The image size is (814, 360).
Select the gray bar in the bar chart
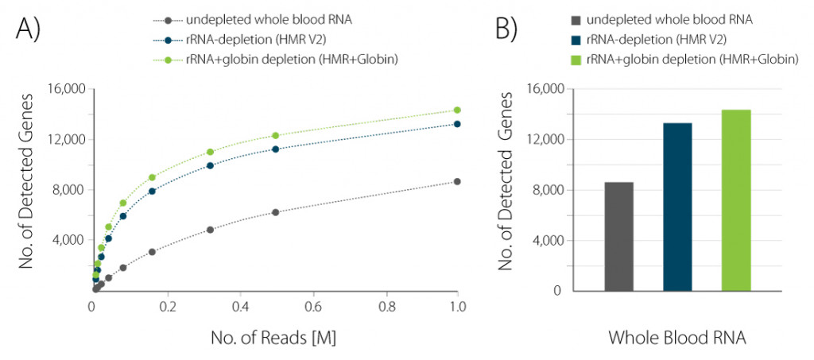click(618, 236)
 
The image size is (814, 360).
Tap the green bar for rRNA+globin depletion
click(735, 200)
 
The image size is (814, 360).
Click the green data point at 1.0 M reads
click(457, 110)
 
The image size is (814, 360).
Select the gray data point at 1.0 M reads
click(457, 182)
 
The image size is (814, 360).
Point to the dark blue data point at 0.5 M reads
click(276, 149)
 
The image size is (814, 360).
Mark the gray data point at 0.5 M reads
click(276, 212)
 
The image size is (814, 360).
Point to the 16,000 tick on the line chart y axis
click(66, 89)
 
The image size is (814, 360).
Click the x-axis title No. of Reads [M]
click(273, 338)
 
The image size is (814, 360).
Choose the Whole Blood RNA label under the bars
click(677, 338)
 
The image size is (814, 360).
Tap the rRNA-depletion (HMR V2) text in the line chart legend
click(249, 39)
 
